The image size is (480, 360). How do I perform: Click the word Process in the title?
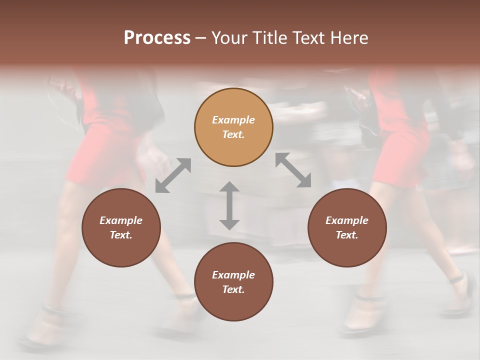[x=157, y=38]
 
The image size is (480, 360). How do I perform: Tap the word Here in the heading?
[x=348, y=38]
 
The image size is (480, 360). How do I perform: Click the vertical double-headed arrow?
[x=229, y=205]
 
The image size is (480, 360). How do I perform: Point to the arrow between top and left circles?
[x=173, y=175]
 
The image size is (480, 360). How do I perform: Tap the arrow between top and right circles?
[x=293, y=170]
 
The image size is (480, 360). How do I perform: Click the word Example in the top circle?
[x=233, y=120]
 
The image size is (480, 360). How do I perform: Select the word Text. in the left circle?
[x=121, y=235]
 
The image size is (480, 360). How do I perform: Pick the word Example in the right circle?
[x=347, y=220]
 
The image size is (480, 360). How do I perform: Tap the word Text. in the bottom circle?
[x=233, y=289]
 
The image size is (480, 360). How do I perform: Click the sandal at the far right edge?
[x=462, y=295]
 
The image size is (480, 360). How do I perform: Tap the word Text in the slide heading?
[x=308, y=38]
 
